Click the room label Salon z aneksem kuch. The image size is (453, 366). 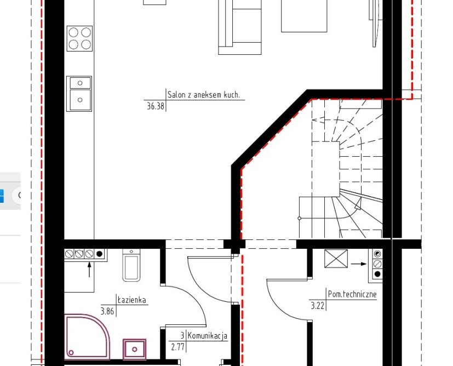[204, 95]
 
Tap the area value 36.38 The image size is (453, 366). [156, 106]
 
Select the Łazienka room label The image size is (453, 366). [131, 300]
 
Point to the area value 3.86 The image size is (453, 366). [107, 311]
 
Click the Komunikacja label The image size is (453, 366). [208, 336]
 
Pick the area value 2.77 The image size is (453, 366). [177, 347]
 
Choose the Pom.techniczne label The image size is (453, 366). [352, 294]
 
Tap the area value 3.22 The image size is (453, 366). [318, 306]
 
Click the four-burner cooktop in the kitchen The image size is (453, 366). [80, 38]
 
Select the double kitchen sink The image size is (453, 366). [79, 94]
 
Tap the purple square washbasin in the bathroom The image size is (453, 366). [134, 349]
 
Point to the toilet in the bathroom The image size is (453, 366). [131, 265]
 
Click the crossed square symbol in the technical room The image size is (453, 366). [336, 259]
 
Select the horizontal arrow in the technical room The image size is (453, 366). [359, 264]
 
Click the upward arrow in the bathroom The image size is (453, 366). [89, 269]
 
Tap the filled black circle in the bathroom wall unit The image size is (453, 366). [99, 254]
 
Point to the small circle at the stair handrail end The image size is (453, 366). [299, 218]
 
